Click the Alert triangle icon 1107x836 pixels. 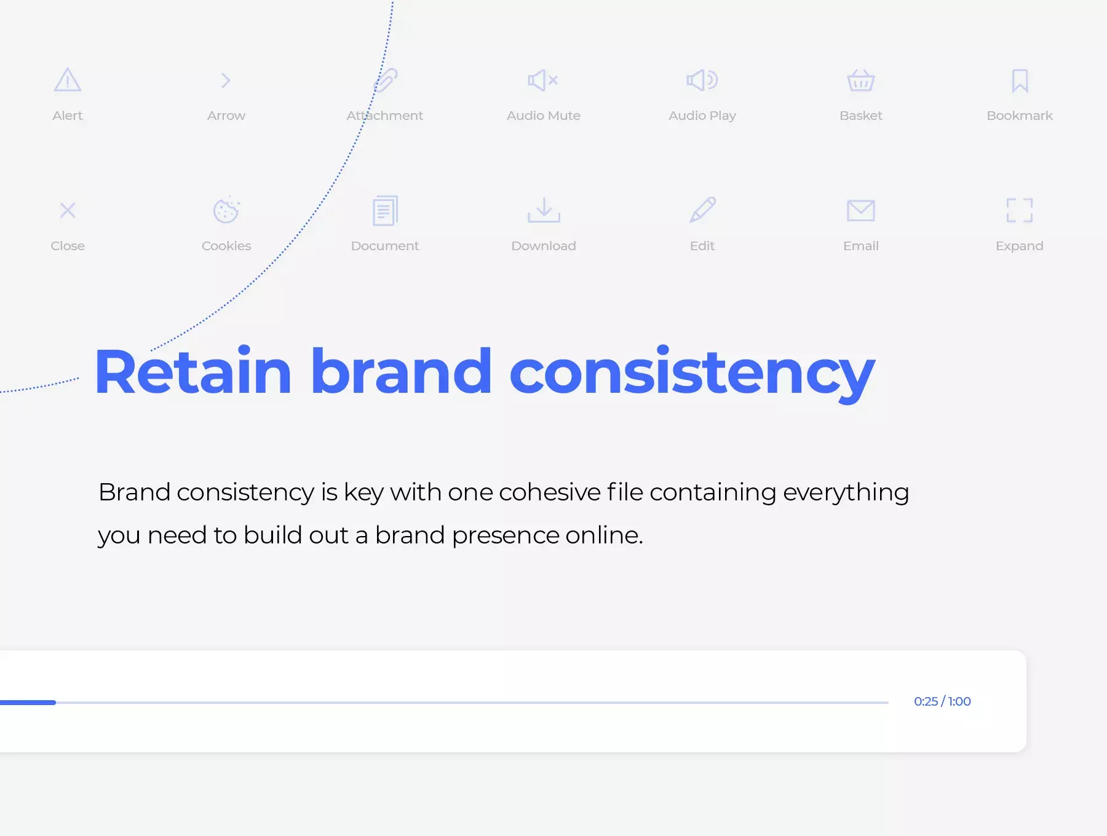point(68,80)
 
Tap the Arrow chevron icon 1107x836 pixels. point(226,81)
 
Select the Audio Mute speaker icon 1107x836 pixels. point(543,80)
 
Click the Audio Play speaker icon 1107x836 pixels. point(702,80)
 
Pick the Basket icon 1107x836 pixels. point(861,80)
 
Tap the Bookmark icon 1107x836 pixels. point(1020,81)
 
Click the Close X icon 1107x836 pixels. point(68,210)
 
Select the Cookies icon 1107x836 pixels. point(226,210)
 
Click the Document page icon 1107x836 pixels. point(385,211)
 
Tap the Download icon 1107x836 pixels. point(544,210)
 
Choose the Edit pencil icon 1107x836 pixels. point(702,210)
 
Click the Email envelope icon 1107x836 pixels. point(861,210)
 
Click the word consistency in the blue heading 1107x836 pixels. point(692,373)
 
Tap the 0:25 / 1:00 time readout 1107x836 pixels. point(942,701)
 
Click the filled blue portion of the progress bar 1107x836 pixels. point(28,702)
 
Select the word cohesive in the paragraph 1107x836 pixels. point(550,492)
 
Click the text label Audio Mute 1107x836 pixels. point(544,116)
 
